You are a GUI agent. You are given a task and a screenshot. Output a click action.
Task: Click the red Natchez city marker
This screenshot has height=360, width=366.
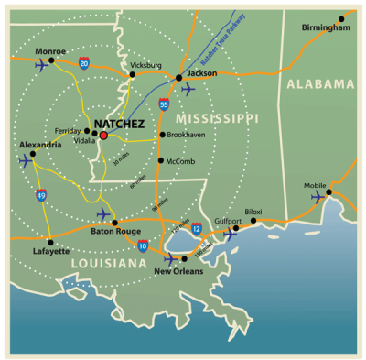[x=103, y=135]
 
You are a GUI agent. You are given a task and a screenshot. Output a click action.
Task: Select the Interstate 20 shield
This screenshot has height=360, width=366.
[x=84, y=62]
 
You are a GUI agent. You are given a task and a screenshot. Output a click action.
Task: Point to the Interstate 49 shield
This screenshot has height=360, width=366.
[x=41, y=195]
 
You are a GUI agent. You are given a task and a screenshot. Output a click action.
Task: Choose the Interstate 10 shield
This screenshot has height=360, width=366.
[x=143, y=245]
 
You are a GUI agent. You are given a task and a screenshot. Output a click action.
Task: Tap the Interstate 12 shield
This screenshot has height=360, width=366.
[x=197, y=228]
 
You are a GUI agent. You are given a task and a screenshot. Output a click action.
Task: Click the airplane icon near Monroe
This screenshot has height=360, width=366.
[x=41, y=65]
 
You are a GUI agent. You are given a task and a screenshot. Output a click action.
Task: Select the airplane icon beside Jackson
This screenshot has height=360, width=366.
[x=188, y=89]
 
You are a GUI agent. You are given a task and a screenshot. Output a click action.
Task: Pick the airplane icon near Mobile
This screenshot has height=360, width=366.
[x=319, y=196]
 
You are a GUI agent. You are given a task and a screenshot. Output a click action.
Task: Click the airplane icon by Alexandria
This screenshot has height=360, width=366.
[x=26, y=160]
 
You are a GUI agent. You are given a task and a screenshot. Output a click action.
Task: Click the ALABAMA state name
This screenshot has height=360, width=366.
[x=320, y=83]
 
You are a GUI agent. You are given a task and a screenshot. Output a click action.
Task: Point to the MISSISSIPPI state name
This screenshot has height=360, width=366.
[x=218, y=119]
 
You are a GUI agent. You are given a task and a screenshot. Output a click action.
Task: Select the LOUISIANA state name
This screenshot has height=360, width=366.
[x=108, y=264]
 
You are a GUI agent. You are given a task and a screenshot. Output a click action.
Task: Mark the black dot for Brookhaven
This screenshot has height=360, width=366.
[x=162, y=135]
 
